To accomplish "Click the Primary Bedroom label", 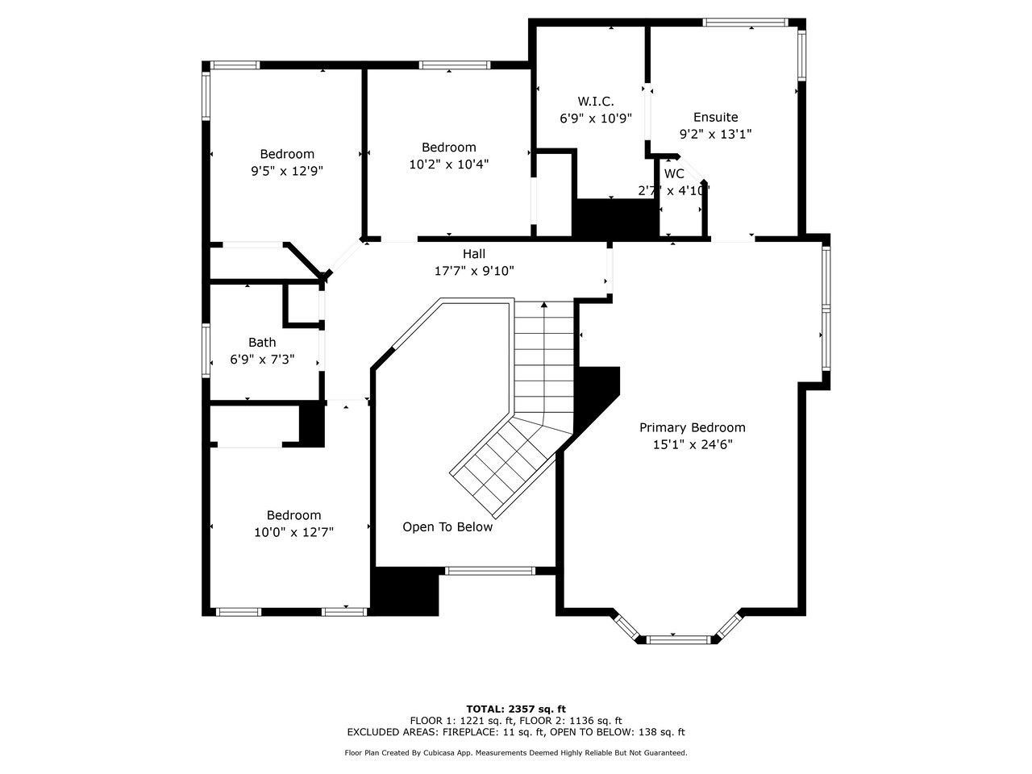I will click(x=692, y=427).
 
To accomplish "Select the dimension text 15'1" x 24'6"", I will click(x=692, y=443).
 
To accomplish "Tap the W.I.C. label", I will click(x=595, y=101).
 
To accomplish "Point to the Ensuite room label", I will click(x=715, y=117).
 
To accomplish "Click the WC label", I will click(x=674, y=173).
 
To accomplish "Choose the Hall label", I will click(x=474, y=254).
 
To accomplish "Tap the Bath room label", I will click(x=262, y=342).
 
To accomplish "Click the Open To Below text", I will click(x=447, y=526).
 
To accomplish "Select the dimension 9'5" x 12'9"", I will click(x=287, y=170).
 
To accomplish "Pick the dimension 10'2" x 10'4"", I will click(x=449, y=163).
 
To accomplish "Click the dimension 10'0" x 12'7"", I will click(x=293, y=531).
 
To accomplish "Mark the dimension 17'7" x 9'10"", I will click(x=474, y=271).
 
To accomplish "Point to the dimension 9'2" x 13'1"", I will click(x=715, y=134).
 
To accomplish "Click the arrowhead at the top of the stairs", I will click(x=544, y=306).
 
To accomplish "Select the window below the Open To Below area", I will click(x=490, y=571).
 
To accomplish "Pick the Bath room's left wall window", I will click(x=206, y=350).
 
